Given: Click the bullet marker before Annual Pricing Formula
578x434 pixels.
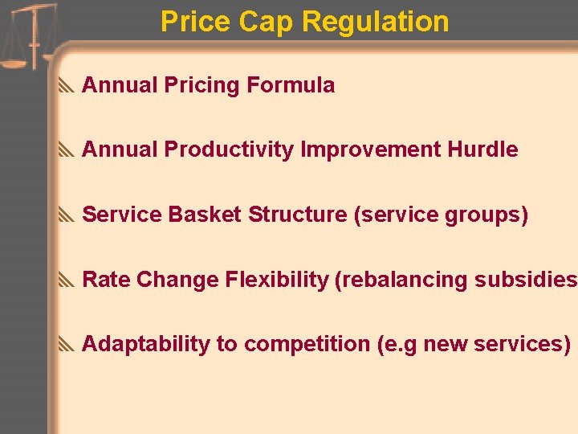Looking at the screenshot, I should pos(67,85).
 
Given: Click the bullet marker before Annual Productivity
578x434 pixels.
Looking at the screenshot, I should pos(67,150).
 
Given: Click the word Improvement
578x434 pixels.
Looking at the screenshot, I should pos(370,149).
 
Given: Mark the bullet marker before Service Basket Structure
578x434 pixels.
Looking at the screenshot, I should pos(67,215).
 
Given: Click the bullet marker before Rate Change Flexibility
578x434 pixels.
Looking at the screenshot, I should pos(67,280).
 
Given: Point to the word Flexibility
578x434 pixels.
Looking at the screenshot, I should pos(277,280).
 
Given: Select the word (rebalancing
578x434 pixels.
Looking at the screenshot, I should pos(401,280).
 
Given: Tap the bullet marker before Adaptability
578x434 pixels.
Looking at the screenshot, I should pos(67,345).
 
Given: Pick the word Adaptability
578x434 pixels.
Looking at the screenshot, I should pos(146,344).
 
